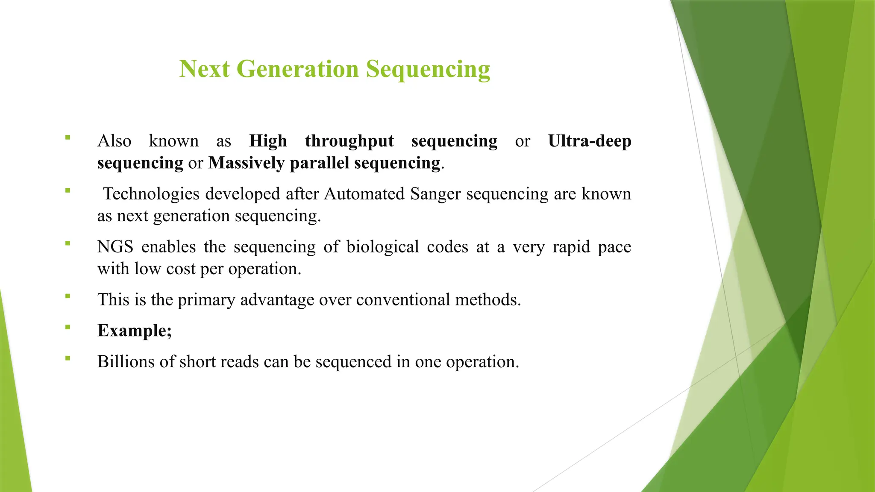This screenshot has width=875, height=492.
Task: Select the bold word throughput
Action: click(349, 141)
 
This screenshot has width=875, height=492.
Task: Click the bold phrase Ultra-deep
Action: click(589, 141)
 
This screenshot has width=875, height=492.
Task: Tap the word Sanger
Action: click(435, 194)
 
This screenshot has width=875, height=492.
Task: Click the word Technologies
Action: click(151, 194)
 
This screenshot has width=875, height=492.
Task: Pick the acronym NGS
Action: click(115, 247)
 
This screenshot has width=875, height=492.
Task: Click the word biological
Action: click(382, 247)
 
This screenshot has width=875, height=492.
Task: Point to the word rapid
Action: click(571, 247)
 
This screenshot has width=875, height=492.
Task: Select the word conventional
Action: click(403, 300)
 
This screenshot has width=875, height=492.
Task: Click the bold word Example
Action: click(132, 331)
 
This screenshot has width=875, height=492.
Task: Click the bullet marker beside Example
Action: click(68, 328)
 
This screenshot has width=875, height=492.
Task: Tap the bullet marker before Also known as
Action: click(68, 138)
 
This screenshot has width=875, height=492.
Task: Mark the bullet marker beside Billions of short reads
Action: click(68, 358)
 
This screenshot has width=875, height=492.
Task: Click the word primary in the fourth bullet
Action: click(206, 300)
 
